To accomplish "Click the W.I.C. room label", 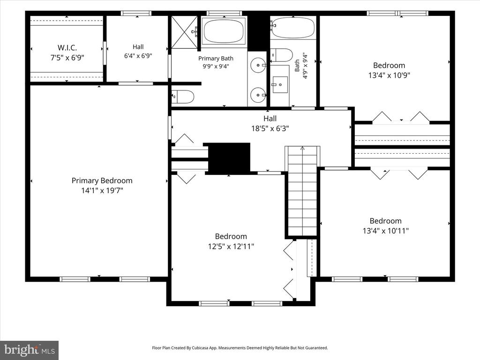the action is point(67,48).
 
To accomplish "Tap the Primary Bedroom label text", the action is point(102,180).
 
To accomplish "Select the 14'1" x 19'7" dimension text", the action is point(102,190).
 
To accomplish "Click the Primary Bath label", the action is point(216,59).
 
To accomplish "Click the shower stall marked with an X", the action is point(184,32).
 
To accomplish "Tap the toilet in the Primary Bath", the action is point(183,97).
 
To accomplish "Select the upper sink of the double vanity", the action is point(258,65).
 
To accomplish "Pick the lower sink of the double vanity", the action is point(258,95).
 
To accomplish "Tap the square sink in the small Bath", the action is point(280,84).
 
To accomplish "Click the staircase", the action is point(302,191).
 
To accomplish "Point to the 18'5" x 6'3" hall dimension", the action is point(270,128).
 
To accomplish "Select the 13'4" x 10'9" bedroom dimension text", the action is point(389,75).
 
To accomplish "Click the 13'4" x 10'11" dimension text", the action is point(386,231).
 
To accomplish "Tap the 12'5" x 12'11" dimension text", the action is point(231,246).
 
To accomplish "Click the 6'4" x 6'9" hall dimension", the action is point(138,56).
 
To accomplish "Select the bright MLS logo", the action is point(30,350).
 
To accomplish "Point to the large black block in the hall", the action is point(229,157).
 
